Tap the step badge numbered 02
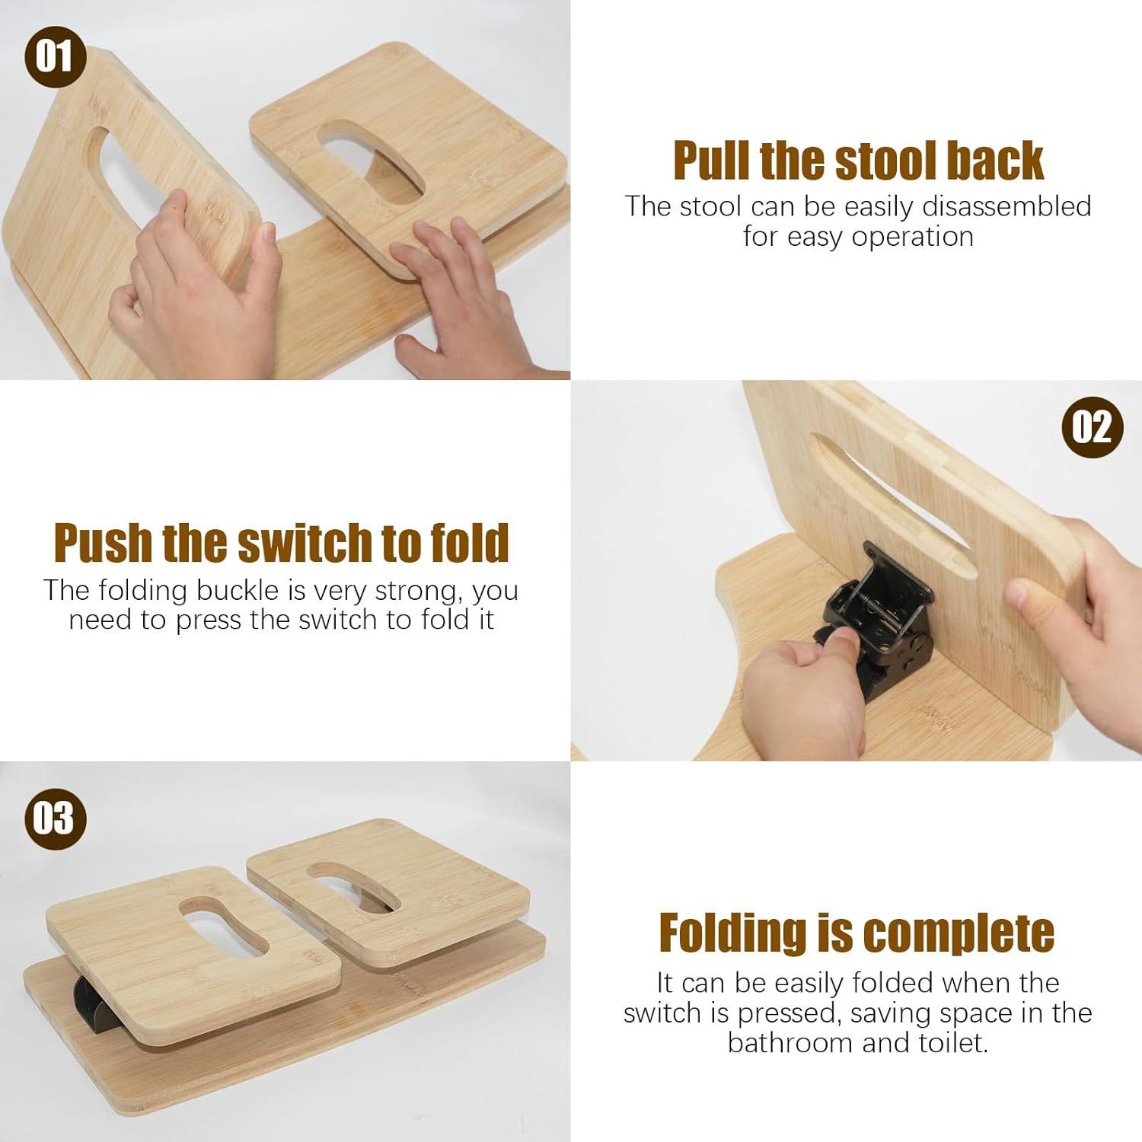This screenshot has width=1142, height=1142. click(1093, 426)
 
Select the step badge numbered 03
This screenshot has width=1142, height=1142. click(55, 819)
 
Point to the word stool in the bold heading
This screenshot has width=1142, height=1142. click(879, 161)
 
